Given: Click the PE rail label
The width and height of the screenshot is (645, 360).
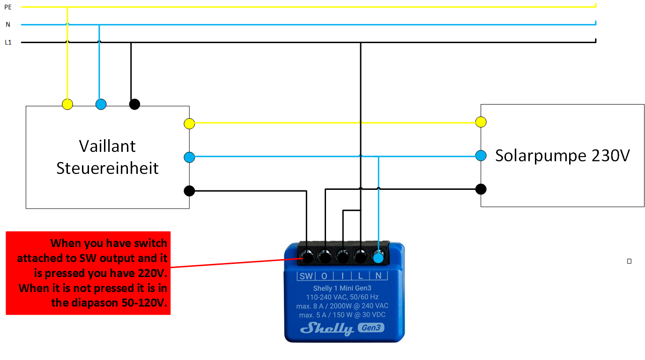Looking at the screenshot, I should pyautogui.click(x=7, y=7).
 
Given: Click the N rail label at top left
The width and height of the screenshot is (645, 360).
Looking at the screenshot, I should pyautogui.click(x=8, y=24).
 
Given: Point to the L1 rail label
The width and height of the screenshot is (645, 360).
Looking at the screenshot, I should pyautogui.click(x=8, y=42).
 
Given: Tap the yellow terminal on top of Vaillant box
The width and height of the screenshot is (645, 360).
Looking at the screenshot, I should pyautogui.click(x=67, y=104).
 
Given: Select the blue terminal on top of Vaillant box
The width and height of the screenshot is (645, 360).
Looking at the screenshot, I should pyautogui.click(x=101, y=104).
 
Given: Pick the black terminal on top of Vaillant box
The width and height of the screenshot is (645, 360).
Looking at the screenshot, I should pyautogui.click(x=134, y=104).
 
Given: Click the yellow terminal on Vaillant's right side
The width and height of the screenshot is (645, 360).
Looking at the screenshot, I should pyautogui.click(x=189, y=123).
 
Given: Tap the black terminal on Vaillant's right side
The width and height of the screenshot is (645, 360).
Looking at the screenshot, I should pyautogui.click(x=189, y=191).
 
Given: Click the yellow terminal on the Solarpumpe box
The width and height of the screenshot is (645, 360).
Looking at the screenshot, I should pyautogui.click(x=481, y=122).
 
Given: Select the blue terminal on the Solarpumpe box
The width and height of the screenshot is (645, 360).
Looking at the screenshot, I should pyautogui.click(x=481, y=156).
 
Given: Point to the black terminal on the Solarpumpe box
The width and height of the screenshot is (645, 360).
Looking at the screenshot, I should pyautogui.click(x=481, y=189).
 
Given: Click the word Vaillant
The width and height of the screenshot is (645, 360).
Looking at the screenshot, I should pyautogui.click(x=107, y=146).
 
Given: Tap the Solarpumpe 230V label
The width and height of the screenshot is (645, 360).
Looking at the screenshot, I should pyautogui.click(x=563, y=156).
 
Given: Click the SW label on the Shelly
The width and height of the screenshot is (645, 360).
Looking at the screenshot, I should pyautogui.click(x=306, y=276).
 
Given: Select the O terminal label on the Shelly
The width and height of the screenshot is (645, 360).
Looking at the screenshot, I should pyautogui.click(x=324, y=276).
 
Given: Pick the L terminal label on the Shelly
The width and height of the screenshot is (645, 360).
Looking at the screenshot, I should pyautogui.click(x=361, y=276).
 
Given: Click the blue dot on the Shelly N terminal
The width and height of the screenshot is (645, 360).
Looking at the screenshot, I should pyautogui.click(x=378, y=257).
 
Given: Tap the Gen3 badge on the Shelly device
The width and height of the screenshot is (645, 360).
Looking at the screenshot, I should pyautogui.click(x=371, y=328).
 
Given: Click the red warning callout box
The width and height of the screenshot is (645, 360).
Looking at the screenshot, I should pyautogui.click(x=88, y=272).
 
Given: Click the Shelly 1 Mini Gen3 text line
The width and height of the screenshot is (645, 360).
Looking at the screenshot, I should pyautogui.click(x=342, y=288).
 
